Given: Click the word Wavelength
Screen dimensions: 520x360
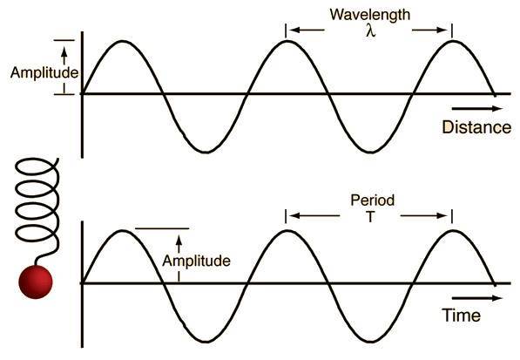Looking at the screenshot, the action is (x=370, y=15).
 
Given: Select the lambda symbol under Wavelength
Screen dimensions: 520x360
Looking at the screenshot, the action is (x=371, y=31).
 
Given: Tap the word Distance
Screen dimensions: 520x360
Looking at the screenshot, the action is (x=476, y=127).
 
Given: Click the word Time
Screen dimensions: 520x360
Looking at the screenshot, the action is (x=461, y=315).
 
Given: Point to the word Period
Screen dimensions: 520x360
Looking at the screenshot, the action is (x=373, y=200).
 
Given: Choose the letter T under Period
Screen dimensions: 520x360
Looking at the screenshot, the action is (x=370, y=216).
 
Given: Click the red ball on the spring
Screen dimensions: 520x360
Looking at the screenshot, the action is (x=36, y=282).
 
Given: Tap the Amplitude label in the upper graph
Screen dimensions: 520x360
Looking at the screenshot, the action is (x=44, y=72).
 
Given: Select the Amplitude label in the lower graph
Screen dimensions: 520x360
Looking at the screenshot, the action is (x=196, y=261).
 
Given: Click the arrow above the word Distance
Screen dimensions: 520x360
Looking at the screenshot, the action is (x=477, y=108).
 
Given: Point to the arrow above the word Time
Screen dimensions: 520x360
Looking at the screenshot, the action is (x=477, y=298).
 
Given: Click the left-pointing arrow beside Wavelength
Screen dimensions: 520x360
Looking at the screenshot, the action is (x=307, y=31).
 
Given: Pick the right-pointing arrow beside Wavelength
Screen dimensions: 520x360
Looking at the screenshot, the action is (x=429, y=31).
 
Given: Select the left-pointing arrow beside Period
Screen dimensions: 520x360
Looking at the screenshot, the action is (x=314, y=216).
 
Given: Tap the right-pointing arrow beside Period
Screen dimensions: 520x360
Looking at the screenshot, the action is (x=424, y=216).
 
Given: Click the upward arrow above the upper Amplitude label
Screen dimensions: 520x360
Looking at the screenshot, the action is (x=64, y=56).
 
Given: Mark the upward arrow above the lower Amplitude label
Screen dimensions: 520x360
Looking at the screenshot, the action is (x=179, y=244).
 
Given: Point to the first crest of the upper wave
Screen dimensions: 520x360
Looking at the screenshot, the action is (x=123, y=41).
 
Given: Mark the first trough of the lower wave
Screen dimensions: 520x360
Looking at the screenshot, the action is (x=206, y=342).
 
